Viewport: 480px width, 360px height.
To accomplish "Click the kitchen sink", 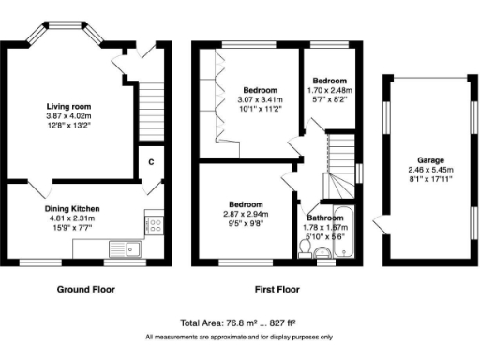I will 123,248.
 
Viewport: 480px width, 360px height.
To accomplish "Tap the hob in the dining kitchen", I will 153,225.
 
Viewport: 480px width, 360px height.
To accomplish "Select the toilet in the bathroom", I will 323,251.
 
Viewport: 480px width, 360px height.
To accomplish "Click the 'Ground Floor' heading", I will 86,289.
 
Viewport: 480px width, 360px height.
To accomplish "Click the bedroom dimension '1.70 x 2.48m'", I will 329,91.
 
